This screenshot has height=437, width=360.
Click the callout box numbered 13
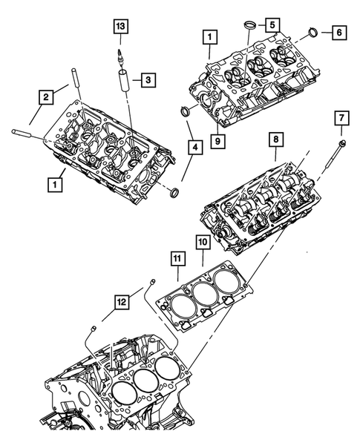[120, 27]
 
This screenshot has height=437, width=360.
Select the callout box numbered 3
[148, 78]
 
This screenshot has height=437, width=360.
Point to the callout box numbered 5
[274, 25]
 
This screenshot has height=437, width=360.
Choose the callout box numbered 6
[338, 33]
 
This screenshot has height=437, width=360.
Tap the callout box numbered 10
[203, 243]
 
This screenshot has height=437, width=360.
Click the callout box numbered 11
[177, 257]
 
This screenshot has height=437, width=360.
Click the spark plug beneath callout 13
[120, 56]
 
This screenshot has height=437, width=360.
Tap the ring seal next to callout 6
[313, 33]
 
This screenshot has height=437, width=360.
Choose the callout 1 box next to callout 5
[210, 36]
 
